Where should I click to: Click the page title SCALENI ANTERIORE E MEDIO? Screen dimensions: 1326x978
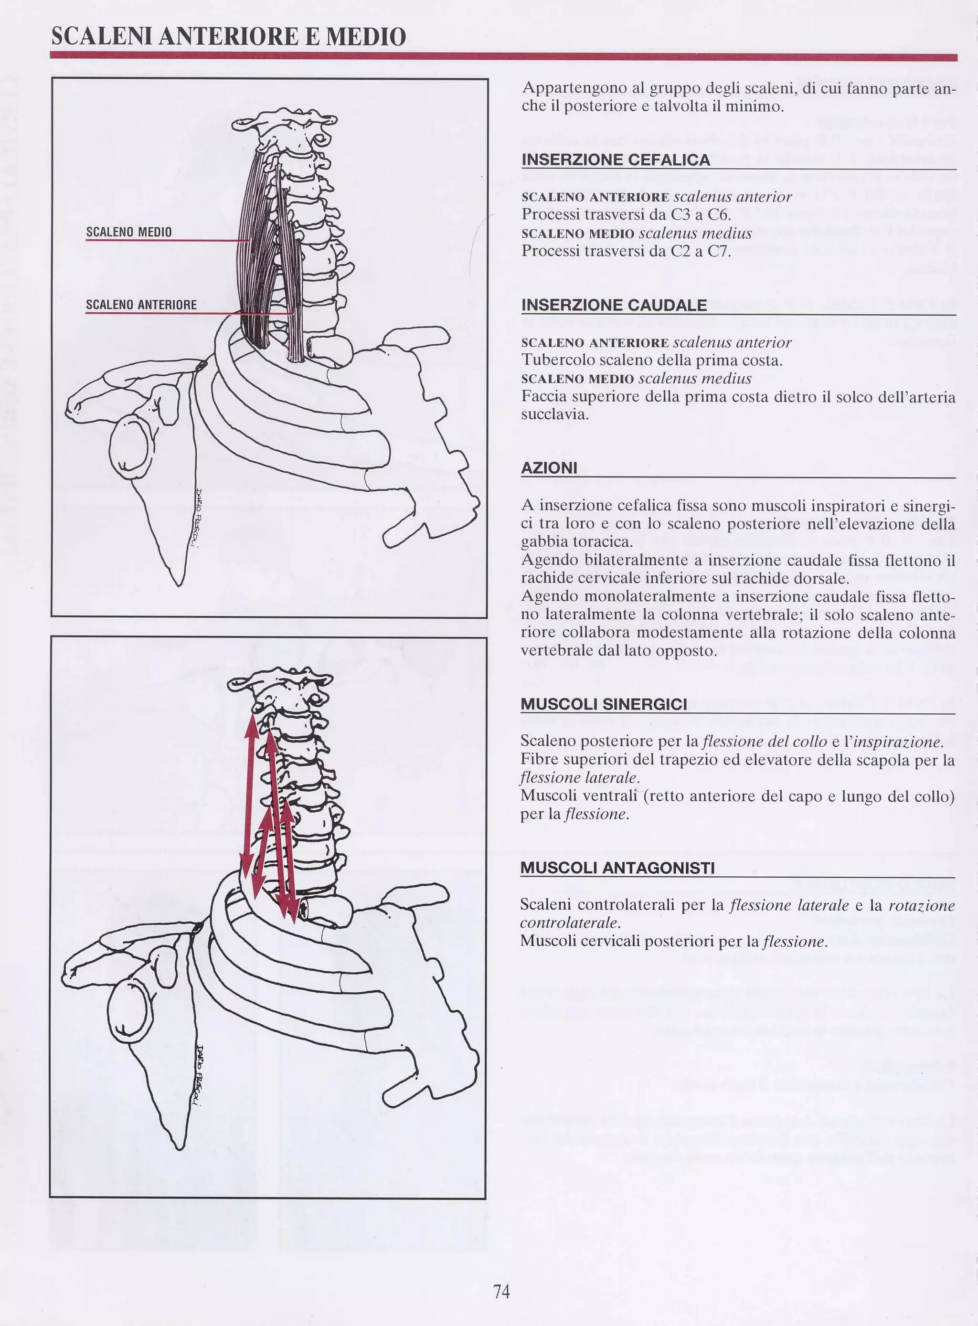(x=229, y=36)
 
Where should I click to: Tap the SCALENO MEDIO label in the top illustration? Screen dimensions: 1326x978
(x=129, y=232)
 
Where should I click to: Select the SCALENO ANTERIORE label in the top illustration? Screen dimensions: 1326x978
(x=141, y=304)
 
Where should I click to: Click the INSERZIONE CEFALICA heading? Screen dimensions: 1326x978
(x=616, y=160)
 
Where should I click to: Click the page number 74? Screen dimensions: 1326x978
(x=501, y=1291)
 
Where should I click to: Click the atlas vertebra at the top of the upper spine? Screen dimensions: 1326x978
(x=284, y=121)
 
